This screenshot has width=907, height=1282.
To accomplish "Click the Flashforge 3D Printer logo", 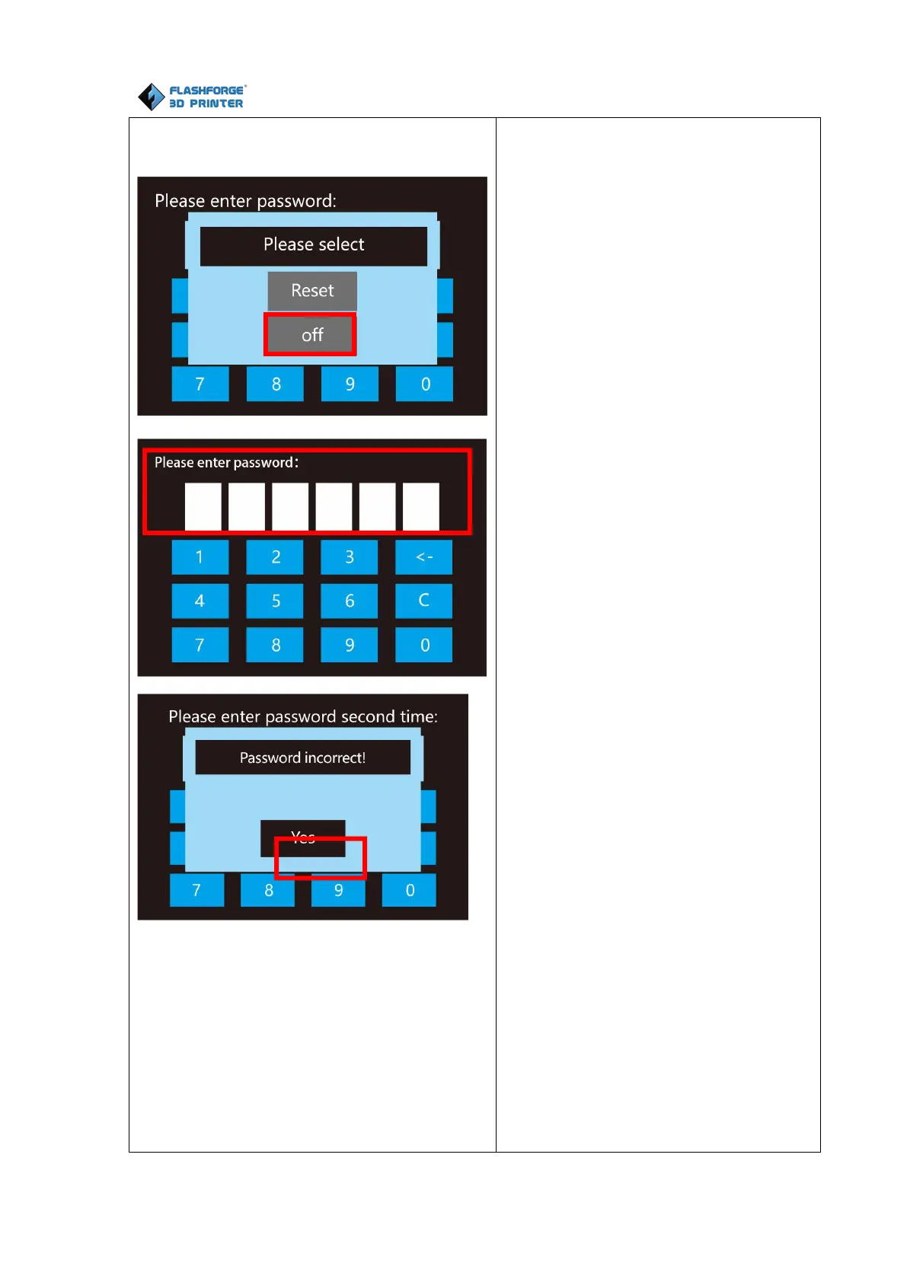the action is pos(191,97).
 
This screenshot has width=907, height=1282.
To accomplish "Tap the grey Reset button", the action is pos(312,291).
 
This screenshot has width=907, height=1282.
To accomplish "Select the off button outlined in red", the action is pos(311,335).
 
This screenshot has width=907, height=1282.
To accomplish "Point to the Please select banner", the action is pos(313,245).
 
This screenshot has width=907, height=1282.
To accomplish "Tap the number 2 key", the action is pos(275,557).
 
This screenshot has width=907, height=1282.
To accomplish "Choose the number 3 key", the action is pos(349,557).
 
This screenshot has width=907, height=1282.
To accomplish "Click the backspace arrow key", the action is pos(423,557).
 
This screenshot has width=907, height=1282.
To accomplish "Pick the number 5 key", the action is pos(275,601).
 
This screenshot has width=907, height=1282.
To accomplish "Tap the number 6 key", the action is pos(349,601).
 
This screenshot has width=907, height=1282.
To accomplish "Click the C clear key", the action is pos(423,601).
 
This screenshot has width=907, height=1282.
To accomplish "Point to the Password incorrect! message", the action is pos(302,758).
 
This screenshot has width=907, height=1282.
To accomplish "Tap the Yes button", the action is pos(303,838).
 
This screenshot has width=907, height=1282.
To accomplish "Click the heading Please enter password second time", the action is pos(303,717).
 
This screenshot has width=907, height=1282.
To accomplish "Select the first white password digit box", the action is pos(203,506).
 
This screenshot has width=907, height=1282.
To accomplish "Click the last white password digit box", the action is pos(421,506).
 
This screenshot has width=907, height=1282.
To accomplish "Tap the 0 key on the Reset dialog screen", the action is pos(425,384).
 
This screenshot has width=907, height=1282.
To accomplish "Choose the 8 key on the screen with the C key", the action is pos(275,646).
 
